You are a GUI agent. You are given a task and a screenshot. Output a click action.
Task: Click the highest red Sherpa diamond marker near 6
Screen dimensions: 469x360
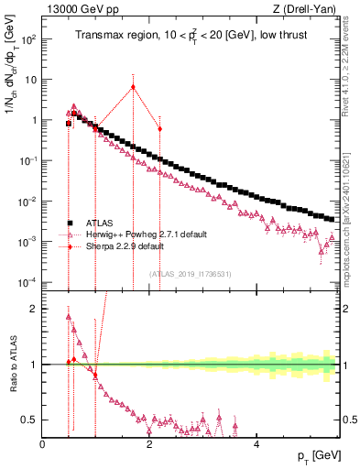(134, 87)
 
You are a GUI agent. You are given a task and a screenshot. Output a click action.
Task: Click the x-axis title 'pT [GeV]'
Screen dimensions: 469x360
(313, 455)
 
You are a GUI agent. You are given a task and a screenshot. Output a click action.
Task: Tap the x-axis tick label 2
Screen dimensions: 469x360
(149, 444)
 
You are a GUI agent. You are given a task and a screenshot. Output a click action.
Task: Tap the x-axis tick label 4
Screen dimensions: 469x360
(256, 444)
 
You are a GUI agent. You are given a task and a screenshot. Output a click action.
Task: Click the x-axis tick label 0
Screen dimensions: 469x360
(43, 444)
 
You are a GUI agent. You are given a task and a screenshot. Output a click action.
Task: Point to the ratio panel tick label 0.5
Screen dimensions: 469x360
(29, 420)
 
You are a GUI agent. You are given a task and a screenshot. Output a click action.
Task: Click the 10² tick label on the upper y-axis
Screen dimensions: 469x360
(29, 39)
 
